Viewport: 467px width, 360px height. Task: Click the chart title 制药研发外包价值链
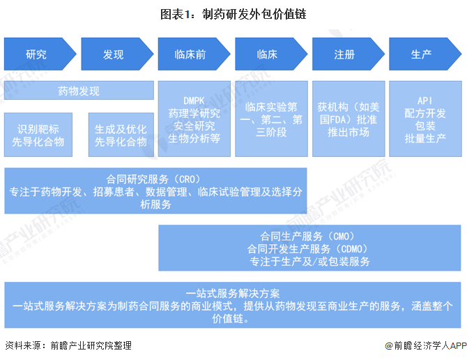tap(233, 13)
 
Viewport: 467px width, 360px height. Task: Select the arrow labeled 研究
tap(36, 54)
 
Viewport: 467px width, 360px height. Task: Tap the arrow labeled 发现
tap(113, 54)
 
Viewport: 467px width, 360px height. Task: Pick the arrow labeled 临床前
tap(190, 54)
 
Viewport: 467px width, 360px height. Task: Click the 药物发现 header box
tap(79, 91)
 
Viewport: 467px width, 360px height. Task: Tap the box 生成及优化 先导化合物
tap(121, 135)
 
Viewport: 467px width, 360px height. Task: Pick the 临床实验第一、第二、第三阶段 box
tap(271, 119)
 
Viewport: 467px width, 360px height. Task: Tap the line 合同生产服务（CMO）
tap(309, 237)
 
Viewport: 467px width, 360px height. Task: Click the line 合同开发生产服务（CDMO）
tap(309, 249)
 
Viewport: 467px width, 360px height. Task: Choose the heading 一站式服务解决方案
tap(233, 293)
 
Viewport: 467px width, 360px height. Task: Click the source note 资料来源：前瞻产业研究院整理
tap(68, 345)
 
